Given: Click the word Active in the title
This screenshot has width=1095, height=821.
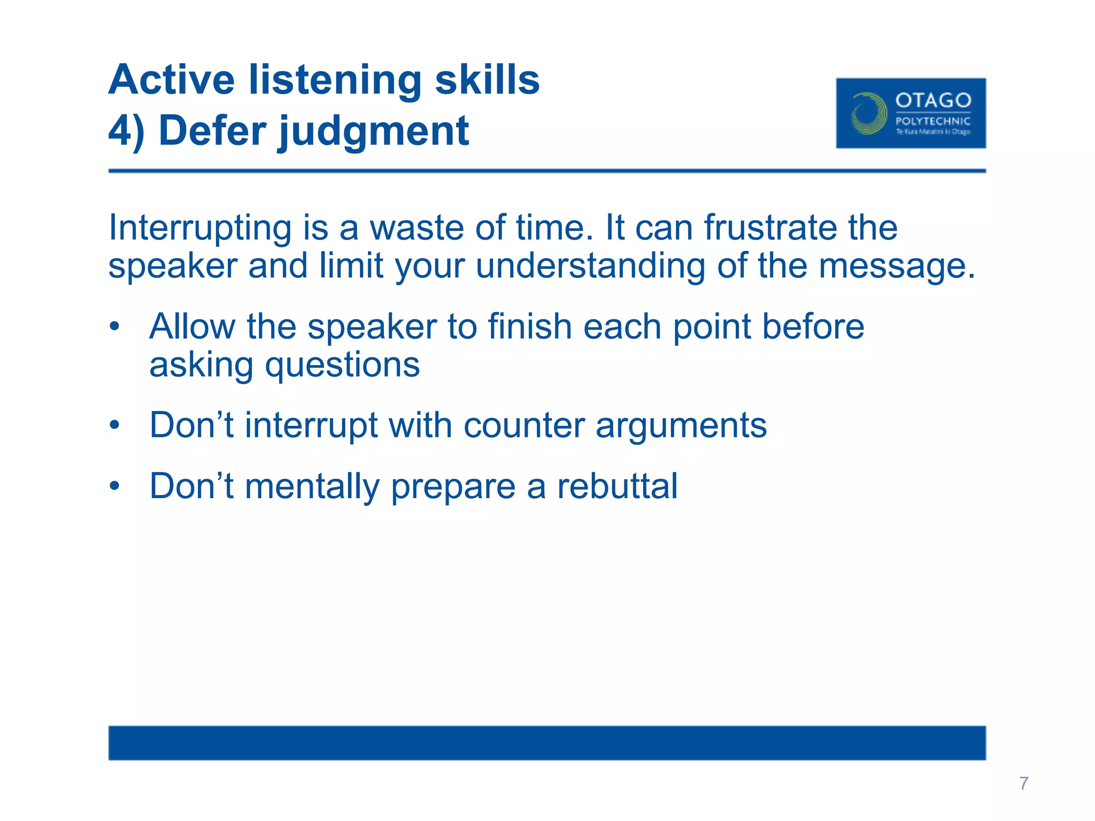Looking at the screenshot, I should (x=172, y=80).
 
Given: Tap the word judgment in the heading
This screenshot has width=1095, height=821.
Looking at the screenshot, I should (x=374, y=132).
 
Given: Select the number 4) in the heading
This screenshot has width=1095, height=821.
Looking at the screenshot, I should (x=126, y=131).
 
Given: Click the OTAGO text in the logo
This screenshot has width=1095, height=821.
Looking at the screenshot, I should (x=933, y=100).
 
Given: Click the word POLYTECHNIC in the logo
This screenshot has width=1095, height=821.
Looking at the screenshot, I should (x=933, y=121).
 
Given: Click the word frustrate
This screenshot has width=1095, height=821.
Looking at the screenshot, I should (x=770, y=228).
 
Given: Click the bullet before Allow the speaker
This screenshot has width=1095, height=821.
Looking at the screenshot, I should (x=114, y=327).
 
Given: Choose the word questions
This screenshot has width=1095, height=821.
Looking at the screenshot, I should (x=342, y=366).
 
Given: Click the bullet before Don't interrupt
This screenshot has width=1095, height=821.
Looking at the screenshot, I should (x=114, y=426).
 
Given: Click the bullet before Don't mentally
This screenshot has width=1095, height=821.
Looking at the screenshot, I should (x=114, y=487).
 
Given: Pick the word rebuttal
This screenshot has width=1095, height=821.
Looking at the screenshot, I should (x=617, y=486).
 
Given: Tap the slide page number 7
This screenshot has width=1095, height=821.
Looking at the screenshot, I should (x=1023, y=784).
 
